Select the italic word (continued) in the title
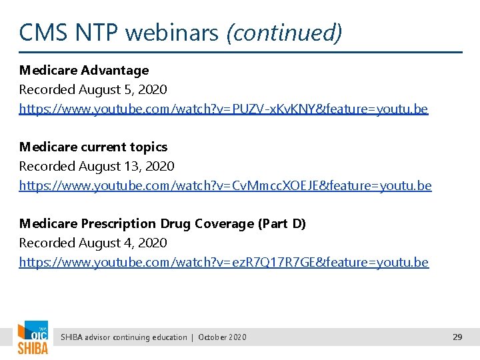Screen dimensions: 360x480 click(284, 32)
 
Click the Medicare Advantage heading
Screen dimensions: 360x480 click(84, 70)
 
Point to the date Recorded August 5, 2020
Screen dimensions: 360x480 click(93, 89)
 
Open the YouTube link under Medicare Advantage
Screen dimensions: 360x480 click(223, 109)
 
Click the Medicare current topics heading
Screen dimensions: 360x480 click(93, 147)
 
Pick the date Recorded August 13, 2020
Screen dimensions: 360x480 click(97, 166)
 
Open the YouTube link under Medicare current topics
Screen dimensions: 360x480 click(225, 185)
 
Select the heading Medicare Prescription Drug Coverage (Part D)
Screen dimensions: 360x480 click(162, 224)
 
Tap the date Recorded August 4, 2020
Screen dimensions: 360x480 click(93, 243)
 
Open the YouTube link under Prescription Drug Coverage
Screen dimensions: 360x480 click(224, 262)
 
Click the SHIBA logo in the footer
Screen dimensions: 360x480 click(32, 338)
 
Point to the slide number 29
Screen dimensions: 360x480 click(457, 337)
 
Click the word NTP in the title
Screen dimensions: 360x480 click(93, 32)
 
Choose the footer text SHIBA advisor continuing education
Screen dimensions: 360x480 click(124, 337)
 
